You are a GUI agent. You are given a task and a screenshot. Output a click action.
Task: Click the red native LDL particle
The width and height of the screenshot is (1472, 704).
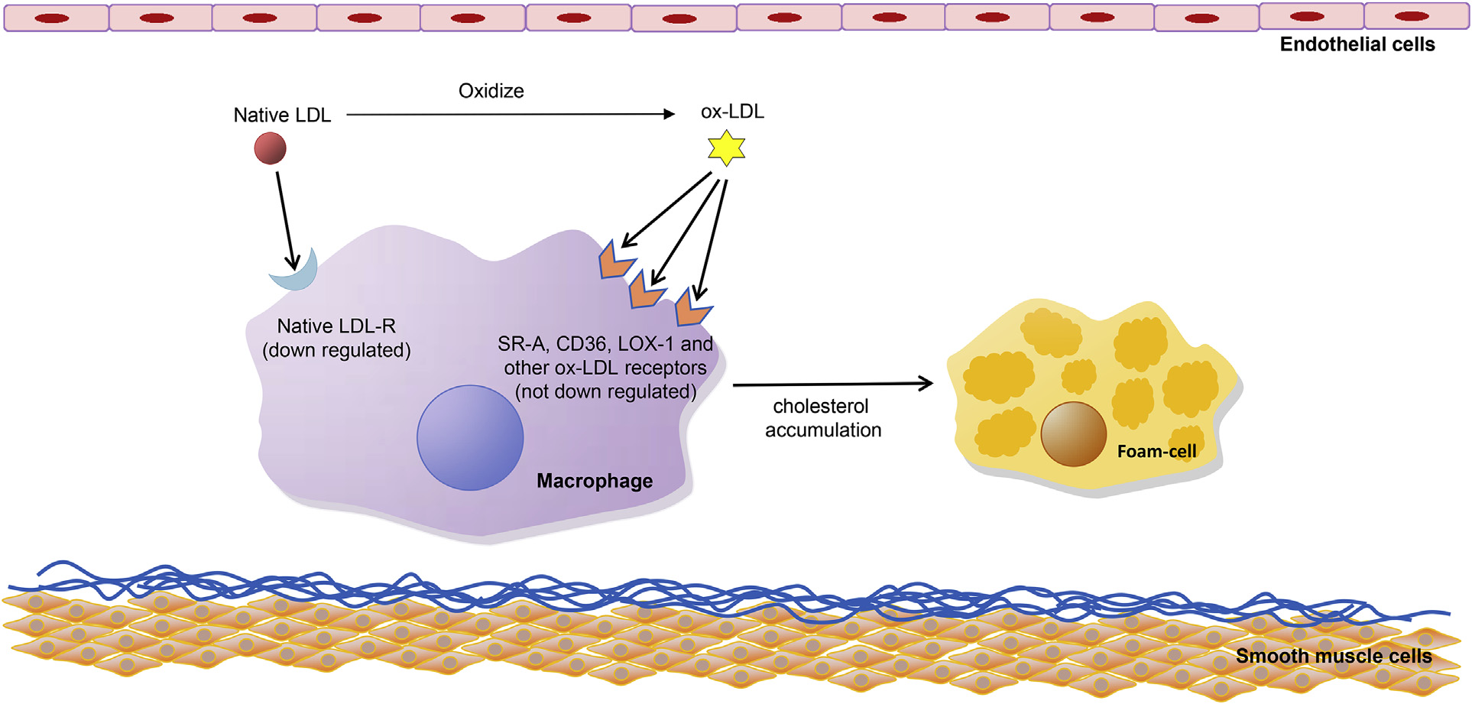coord(270,148)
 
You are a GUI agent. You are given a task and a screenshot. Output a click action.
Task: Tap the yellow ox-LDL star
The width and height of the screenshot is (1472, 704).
coord(726,148)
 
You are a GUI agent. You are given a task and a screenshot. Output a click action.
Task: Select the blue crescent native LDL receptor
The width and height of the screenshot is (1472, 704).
coord(297,273)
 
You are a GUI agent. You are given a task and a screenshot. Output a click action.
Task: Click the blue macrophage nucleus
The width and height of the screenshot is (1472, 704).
coord(470,437)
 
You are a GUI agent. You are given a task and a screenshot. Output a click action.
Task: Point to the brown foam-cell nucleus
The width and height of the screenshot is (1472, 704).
coord(1073,434)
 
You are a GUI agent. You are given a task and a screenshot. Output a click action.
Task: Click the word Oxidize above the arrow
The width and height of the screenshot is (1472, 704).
coord(491,91)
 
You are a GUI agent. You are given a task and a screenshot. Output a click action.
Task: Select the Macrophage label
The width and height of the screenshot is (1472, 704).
coord(595,481)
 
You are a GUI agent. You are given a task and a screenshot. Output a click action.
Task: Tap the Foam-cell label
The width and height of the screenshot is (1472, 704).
coord(1156,452)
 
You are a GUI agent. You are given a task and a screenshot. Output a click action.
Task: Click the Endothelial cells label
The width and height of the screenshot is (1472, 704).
coord(1357,44)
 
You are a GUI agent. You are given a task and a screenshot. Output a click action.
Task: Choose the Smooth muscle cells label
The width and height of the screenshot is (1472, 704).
coord(1334,656)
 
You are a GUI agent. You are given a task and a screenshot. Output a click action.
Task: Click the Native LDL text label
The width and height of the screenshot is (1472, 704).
coord(282,115)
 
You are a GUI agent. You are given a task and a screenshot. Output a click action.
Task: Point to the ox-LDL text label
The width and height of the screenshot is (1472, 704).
coord(732,112)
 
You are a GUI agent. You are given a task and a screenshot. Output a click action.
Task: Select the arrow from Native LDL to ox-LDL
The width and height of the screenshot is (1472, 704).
coord(510,115)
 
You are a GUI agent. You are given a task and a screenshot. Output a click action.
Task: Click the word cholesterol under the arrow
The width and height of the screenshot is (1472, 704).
coord(821,406)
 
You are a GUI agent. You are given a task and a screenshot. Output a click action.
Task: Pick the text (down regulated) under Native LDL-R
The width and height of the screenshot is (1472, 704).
coord(336,350)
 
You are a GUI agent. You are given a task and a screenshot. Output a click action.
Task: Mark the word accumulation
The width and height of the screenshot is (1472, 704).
coord(823,430)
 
